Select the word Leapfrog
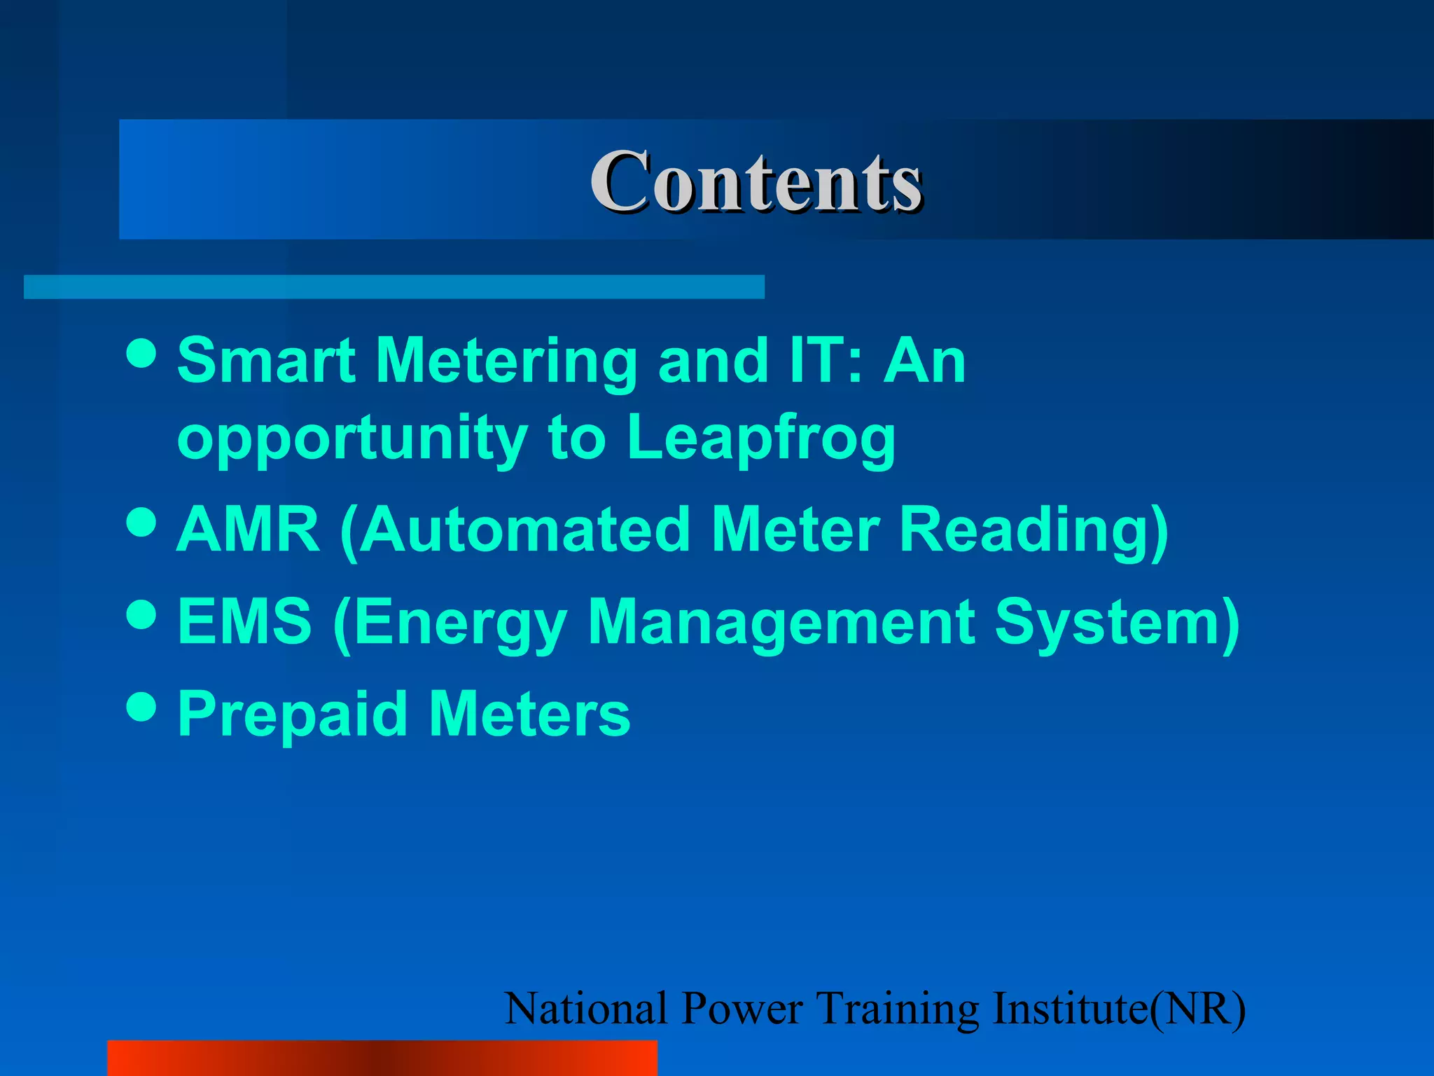tap(761, 439)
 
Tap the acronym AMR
tap(249, 530)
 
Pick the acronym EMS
tap(244, 621)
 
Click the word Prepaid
tap(293, 714)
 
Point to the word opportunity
tap(352, 439)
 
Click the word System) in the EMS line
tap(1118, 621)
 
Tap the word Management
tap(781, 621)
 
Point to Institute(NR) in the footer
tap(1120, 1009)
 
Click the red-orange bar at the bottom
tap(382, 1058)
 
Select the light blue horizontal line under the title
tap(394, 287)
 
